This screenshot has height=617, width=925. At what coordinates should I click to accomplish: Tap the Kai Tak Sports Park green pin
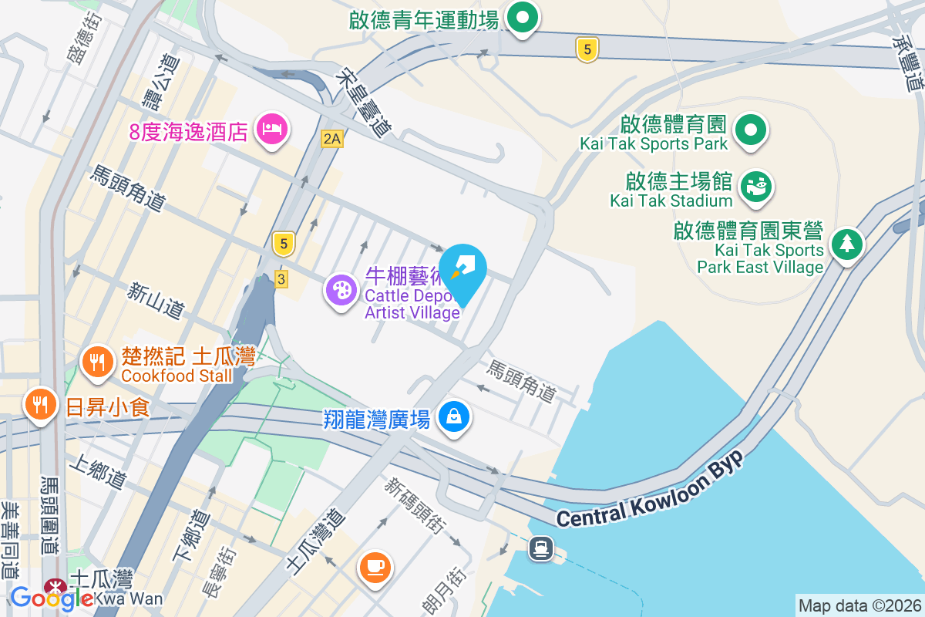(x=749, y=130)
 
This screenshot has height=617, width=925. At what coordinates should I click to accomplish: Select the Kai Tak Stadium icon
(x=755, y=187)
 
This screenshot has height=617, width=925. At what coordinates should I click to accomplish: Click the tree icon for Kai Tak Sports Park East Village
(x=846, y=245)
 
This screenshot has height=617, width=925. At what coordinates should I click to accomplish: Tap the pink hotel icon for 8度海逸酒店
(x=271, y=128)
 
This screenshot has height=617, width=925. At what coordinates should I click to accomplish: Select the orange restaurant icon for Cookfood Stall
(x=97, y=361)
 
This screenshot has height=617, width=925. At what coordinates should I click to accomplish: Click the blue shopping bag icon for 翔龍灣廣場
(x=455, y=417)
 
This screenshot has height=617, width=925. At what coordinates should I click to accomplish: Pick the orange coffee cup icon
(x=375, y=568)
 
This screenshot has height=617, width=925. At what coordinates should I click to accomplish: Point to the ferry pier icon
(x=541, y=548)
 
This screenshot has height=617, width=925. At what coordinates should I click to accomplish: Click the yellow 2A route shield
(x=331, y=139)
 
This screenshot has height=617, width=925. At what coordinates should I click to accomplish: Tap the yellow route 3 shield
(x=281, y=279)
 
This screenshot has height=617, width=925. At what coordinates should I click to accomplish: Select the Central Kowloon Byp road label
(x=649, y=490)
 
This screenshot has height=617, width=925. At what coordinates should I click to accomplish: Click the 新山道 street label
(x=156, y=301)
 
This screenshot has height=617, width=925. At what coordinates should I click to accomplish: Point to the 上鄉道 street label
(x=96, y=470)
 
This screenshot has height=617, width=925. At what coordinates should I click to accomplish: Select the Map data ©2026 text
(x=859, y=605)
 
